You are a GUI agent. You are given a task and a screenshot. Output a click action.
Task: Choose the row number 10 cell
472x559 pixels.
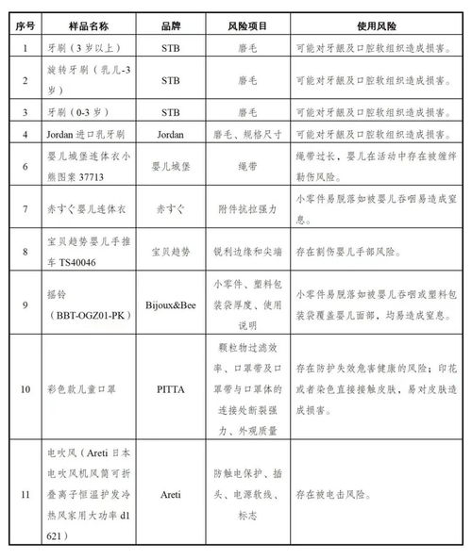tap(25, 386)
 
